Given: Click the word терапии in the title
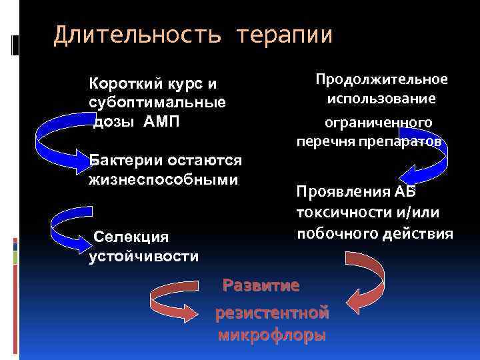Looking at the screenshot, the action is coord(283,35).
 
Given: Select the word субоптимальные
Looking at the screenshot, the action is coord(157,103).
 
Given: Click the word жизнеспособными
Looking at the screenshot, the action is coord(163,179).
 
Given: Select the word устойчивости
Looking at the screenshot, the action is coord(143,257).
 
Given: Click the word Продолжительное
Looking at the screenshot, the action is coord(381,79).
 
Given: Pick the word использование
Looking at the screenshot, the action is coord(381,99).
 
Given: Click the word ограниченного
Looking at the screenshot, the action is coord(377,123).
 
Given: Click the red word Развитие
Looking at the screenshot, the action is coord(261,286).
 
